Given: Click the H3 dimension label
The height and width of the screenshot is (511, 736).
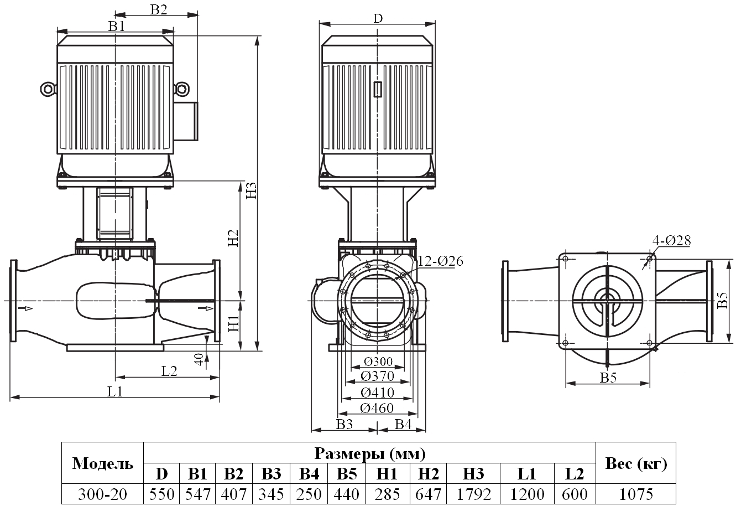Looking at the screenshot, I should (x=252, y=190).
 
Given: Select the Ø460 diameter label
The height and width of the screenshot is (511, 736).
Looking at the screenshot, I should (x=377, y=408).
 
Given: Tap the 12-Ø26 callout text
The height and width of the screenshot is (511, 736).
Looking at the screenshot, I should (x=441, y=261).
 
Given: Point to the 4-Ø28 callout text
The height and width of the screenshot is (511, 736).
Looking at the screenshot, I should (x=671, y=240).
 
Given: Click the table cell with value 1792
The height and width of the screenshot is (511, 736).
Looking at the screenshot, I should (x=475, y=494).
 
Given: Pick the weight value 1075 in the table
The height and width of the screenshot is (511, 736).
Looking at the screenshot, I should (x=636, y=494).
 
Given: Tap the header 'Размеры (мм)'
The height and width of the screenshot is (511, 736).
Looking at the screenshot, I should (x=369, y=455).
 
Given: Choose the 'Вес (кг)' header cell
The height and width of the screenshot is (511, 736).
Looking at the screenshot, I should (x=636, y=464).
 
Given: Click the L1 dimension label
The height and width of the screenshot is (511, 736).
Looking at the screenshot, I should (x=114, y=391).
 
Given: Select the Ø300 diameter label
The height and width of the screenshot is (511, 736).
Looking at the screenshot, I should (x=378, y=362).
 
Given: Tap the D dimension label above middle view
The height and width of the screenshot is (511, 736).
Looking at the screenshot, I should (x=377, y=18).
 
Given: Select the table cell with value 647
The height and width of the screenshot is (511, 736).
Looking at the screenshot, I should (x=429, y=494).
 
